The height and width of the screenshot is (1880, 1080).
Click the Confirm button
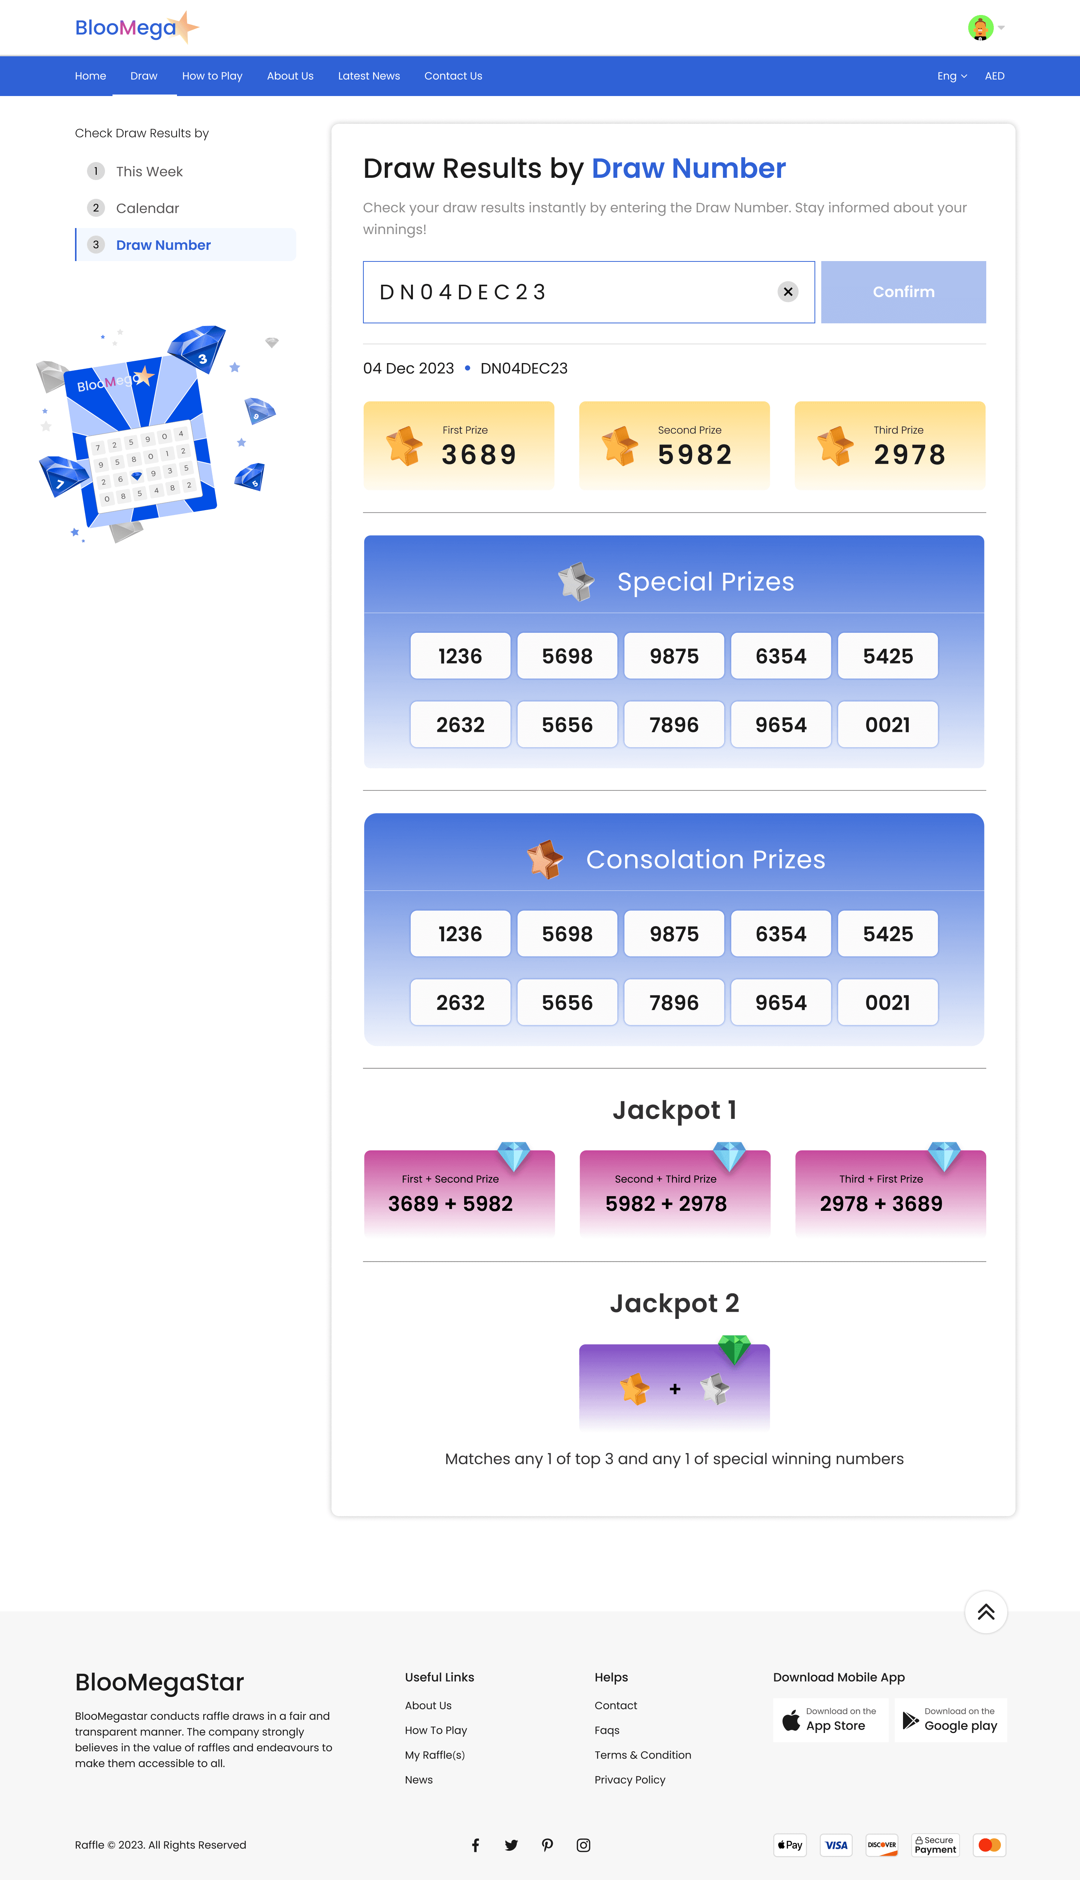pos(903,291)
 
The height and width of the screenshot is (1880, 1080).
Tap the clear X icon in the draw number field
pos(788,291)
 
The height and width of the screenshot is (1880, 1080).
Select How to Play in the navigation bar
pos(212,76)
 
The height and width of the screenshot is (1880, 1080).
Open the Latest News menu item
pos(369,76)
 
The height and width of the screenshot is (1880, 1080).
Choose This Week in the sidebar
pos(149,171)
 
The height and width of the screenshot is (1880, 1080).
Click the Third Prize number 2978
pos(909,454)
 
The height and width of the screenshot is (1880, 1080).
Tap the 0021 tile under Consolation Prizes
pos(887,1002)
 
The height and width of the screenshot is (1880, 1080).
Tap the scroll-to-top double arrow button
pos(985,1611)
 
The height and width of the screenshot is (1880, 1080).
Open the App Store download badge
pos(830,1719)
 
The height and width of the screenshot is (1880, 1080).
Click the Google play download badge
pos(950,1719)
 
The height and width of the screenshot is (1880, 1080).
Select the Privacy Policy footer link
pos(630,1779)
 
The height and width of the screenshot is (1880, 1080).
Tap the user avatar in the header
pos(980,27)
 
